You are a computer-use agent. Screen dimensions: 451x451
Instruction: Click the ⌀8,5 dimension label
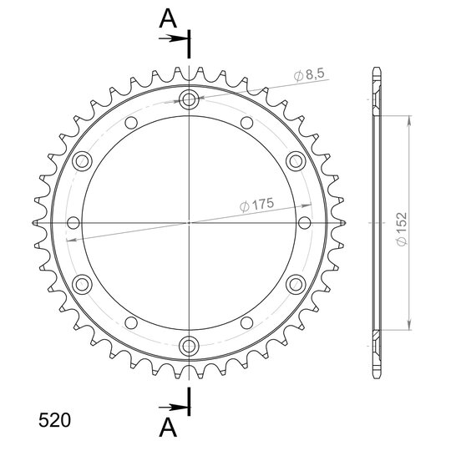click(x=309, y=74)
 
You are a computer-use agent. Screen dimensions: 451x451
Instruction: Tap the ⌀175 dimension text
click(x=256, y=205)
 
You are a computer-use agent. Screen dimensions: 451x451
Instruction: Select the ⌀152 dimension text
click(x=402, y=229)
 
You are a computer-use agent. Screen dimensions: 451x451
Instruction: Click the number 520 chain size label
click(x=54, y=420)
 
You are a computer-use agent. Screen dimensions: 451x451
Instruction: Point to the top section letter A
click(x=168, y=18)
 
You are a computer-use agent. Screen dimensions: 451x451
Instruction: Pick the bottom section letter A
click(x=168, y=427)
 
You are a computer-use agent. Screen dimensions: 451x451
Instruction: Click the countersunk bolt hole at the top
click(x=189, y=100)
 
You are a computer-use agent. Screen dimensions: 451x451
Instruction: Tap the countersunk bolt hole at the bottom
click(x=189, y=346)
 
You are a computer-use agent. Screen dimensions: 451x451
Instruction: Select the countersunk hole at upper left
click(x=82, y=161)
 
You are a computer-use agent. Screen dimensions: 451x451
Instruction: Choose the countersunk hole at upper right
click(x=296, y=161)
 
